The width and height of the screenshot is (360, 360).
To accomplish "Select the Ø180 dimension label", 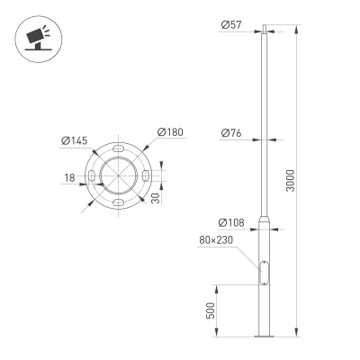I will (x=170, y=133).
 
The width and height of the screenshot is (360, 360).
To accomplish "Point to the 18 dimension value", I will (x=69, y=178).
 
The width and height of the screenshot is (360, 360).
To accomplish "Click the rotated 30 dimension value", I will (x=156, y=196).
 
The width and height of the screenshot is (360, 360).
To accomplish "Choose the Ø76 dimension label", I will (x=229, y=134).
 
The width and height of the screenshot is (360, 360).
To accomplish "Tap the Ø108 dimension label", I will (x=229, y=222).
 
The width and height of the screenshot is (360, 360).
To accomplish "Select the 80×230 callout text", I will (x=218, y=240).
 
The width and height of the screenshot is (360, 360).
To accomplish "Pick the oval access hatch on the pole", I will (x=264, y=271).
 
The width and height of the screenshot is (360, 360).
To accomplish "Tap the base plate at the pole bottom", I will (x=264, y=338).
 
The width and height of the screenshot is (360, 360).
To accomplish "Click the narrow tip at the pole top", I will (x=264, y=28).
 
